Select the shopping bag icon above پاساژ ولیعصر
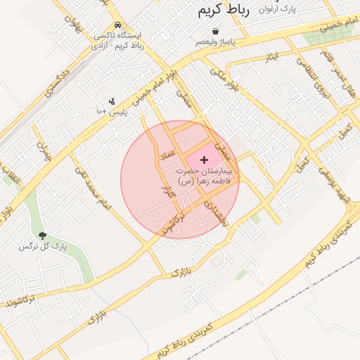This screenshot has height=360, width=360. pyautogui.click(x=215, y=32)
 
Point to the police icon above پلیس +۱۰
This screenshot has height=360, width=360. pyautogui.click(x=112, y=101)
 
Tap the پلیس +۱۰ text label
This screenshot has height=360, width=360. pyautogui.click(x=113, y=112)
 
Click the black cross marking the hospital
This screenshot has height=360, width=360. pyautogui.click(x=205, y=160)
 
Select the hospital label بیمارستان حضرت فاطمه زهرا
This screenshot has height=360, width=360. pyautogui.click(x=205, y=176)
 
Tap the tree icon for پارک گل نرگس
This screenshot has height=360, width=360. pyautogui.click(x=42, y=236)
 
